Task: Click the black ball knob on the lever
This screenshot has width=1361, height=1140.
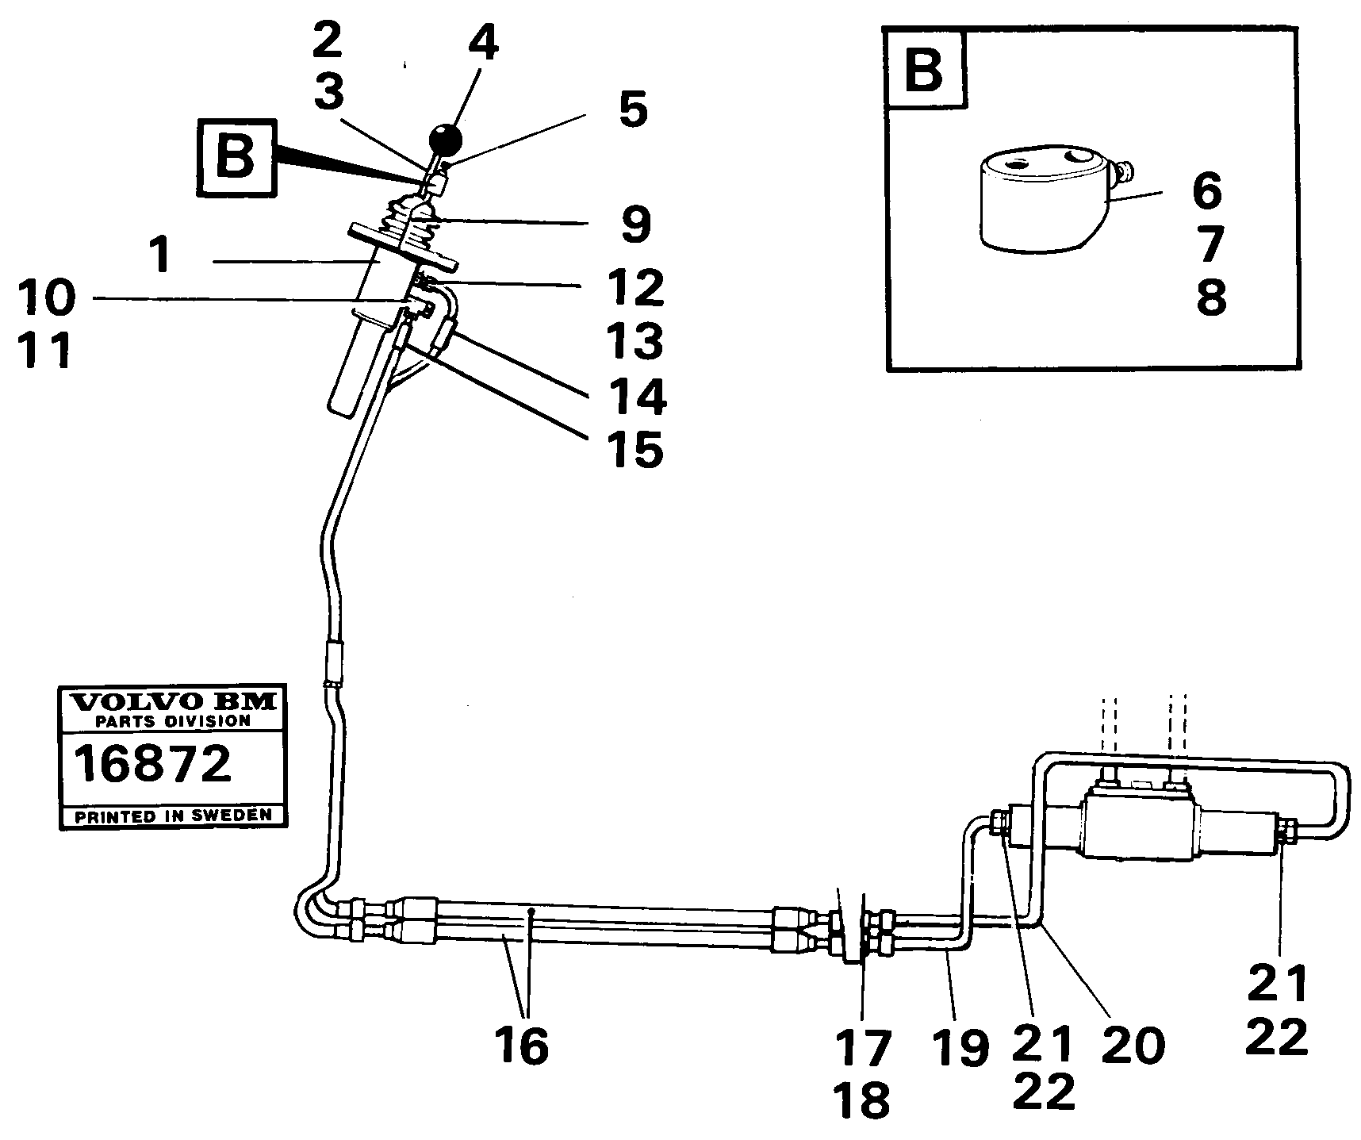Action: tap(446, 140)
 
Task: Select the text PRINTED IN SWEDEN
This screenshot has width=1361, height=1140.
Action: tap(173, 816)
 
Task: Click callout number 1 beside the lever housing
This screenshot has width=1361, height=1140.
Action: tap(162, 256)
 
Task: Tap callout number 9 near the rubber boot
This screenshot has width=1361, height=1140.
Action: tap(635, 225)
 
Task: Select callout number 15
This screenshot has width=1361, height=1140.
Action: tap(635, 449)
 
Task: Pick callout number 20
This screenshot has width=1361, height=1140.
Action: tap(1133, 1046)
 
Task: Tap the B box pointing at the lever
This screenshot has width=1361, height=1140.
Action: tap(235, 157)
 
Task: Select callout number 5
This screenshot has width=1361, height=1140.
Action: tap(633, 109)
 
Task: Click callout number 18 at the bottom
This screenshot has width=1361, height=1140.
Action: tap(863, 1100)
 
